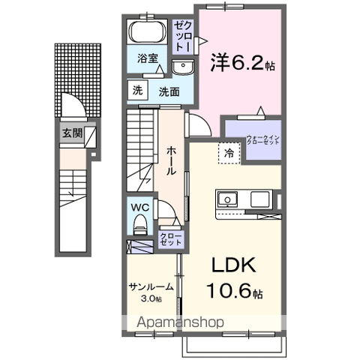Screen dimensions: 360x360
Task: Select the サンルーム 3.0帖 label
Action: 151,292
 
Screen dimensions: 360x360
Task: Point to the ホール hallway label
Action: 171,160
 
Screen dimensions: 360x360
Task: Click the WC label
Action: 140,207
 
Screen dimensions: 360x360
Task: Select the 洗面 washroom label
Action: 167,91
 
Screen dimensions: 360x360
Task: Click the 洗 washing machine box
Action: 137,90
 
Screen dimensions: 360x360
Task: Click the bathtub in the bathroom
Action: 146,33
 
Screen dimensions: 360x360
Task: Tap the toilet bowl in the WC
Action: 140,224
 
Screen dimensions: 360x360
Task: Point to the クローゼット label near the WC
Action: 169,241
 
